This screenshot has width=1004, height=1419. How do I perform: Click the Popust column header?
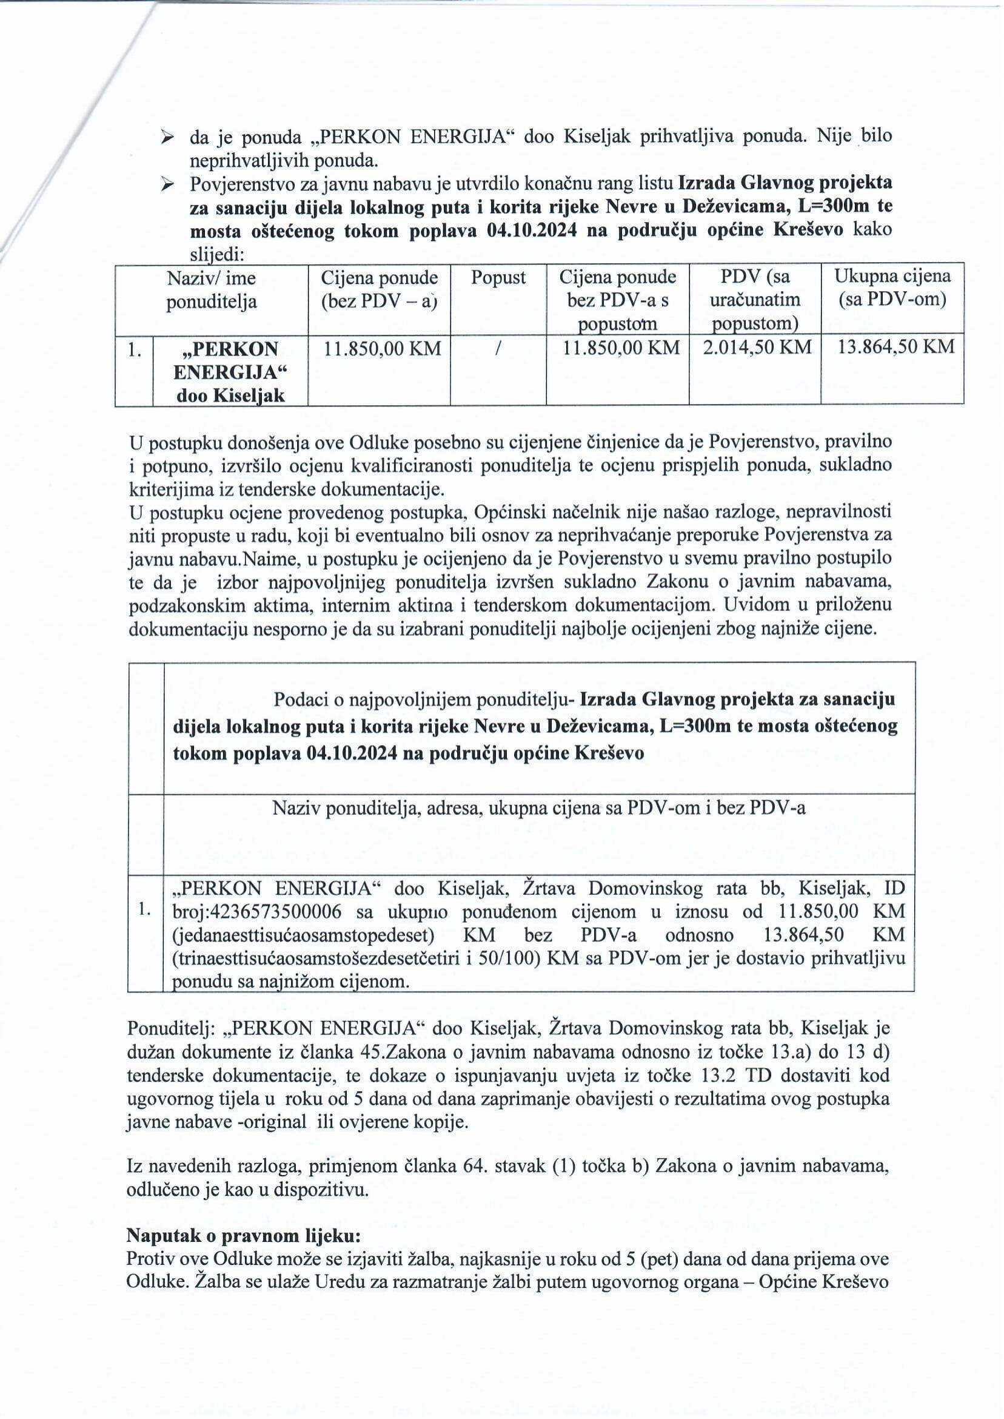coord(498,278)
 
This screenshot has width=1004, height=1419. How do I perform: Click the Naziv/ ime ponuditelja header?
coord(211,289)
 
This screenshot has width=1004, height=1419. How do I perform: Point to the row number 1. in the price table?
coord(134,350)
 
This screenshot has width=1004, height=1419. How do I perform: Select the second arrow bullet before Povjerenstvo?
coord(167,184)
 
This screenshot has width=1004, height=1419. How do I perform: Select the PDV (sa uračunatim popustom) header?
coord(755,300)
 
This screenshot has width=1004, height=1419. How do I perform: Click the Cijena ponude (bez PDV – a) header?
coord(379,289)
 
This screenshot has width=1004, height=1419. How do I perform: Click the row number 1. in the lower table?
coord(146,910)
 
